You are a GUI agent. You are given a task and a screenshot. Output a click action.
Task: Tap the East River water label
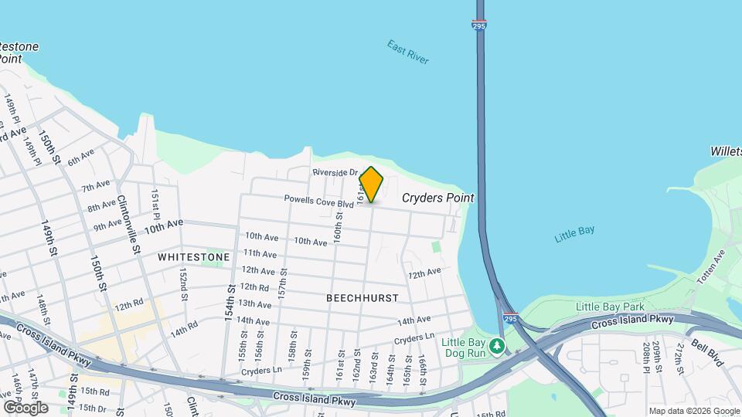point(408,52)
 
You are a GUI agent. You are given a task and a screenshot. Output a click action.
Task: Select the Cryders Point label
point(437,198)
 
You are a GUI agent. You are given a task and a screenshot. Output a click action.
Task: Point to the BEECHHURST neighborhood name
point(362,297)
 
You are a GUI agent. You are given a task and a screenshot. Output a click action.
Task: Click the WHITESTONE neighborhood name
point(194,256)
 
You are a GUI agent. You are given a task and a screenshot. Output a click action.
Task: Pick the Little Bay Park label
point(609,307)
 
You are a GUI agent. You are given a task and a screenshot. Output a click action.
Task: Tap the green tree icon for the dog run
point(499,344)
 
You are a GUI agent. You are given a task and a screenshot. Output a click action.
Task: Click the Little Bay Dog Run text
point(463,347)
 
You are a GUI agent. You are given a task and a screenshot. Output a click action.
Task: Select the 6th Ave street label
point(80,158)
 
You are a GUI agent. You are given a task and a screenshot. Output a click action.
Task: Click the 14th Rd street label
point(184,330)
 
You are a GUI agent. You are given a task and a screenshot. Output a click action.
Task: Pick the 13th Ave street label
point(254,304)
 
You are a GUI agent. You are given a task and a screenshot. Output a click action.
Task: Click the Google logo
point(26,407)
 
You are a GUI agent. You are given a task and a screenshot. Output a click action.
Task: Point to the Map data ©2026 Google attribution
point(693,411)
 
